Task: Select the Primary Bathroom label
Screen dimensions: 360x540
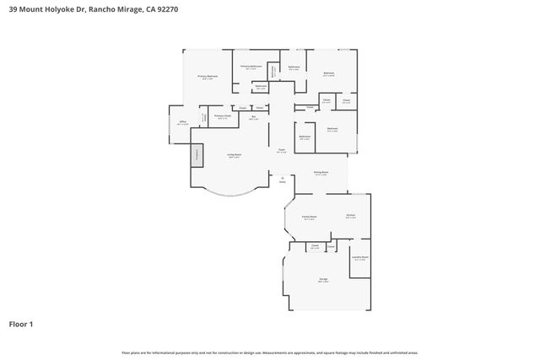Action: (251, 66)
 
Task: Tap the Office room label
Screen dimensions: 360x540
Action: (182, 123)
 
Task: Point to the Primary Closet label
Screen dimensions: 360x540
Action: (222, 116)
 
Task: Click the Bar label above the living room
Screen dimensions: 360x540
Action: (253, 117)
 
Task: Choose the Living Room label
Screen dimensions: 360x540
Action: (234, 155)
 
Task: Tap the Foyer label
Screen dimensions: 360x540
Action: (282, 151)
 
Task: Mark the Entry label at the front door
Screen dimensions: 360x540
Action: (282, 180)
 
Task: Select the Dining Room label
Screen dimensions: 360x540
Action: (321, 173)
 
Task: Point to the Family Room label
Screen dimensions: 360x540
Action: (309, 217)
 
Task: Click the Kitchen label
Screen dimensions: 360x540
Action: (350, 216)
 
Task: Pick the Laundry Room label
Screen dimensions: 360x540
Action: (360, 258)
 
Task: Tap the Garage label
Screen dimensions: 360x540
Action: (323, 281)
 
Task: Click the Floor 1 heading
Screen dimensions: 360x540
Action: (21, 324)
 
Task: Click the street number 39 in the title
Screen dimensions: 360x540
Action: (13, 8)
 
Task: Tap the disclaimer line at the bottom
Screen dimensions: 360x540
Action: (269, 352)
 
